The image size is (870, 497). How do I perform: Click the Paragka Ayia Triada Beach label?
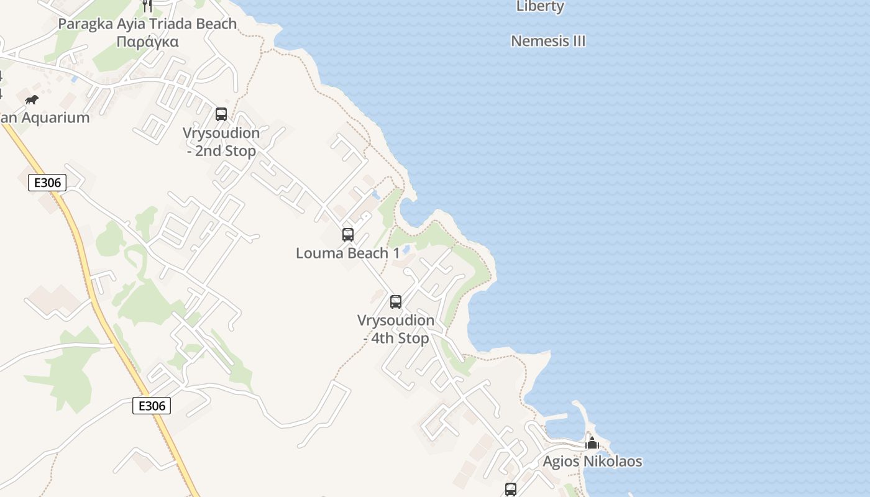pyautogui.click(x=147, y=24)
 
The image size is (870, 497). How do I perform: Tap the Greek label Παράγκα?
pyautogui.click(x=147, y=42)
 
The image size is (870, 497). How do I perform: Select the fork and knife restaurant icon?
pyautogui.click(x=147, y=6)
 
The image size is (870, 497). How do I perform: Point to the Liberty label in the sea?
pyautogui.click(x=540, y=7)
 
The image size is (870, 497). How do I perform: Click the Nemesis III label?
pyautogui.click(x=548, y=41)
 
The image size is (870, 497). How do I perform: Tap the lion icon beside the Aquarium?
pyautogui.click(x=31, y=99)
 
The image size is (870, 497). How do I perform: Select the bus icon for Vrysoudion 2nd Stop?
pyautogui.click(x=221, y=114)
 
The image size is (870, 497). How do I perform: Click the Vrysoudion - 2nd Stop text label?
pyautogui.click(x=221, y=142)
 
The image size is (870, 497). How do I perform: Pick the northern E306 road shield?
pyautogui.click(x=47, y=183)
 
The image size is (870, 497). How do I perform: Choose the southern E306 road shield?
pyautogui.click(x=152, y=406)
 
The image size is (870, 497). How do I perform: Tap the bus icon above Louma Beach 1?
pyautogui.click(x=348, y=235)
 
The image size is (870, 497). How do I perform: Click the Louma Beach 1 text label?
pyautogui.click(x=348, y=253)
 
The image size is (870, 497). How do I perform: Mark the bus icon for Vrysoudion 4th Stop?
pyautogui.click(x=396, y=302)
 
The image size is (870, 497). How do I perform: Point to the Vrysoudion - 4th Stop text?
pyautogui.click(x=396, y=329)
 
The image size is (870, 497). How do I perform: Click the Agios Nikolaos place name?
pyautogui.click(x=592, y=462)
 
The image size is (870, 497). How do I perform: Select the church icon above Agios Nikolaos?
pyautogui.click(x=592, y=444)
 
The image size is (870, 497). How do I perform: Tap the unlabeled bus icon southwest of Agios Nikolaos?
pyautogui.click(x=511, y=489)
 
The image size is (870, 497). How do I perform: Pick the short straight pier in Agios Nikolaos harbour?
pyautogui.click(x=557, y=416)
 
